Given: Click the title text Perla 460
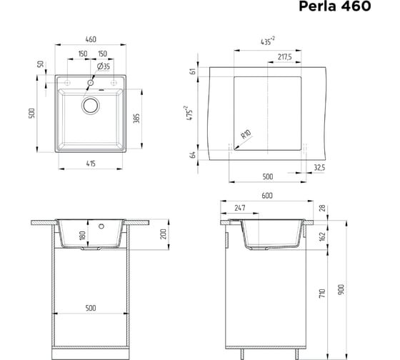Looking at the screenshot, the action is (x=335, y=6).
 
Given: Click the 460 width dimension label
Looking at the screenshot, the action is (x=91, y=39).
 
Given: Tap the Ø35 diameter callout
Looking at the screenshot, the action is (x=104, y=66).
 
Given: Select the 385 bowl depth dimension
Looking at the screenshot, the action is (x=136, y=119).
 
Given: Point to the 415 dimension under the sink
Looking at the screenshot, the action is (x=91, y=164).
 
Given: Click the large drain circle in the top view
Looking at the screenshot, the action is (x=91, y=106).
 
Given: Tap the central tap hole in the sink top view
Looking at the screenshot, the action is (x=91, y=83).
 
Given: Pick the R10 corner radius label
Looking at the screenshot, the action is (x=246, y=134).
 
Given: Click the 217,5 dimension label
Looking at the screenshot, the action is (x=285, y=56).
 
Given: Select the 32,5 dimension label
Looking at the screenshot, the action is (x=319, y=168).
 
